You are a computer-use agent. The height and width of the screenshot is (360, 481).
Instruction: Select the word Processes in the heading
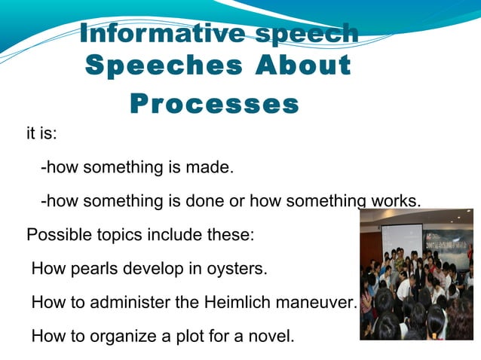(x=215, y=103)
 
